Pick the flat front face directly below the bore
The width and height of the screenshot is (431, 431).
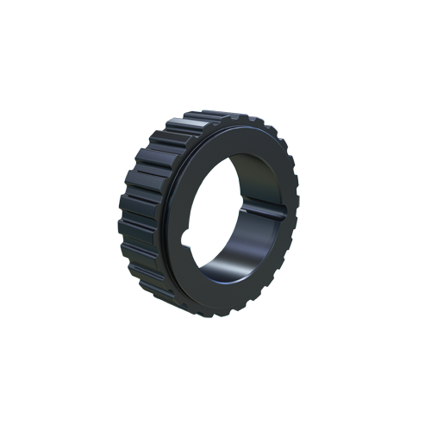click(x=215, y=297)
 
